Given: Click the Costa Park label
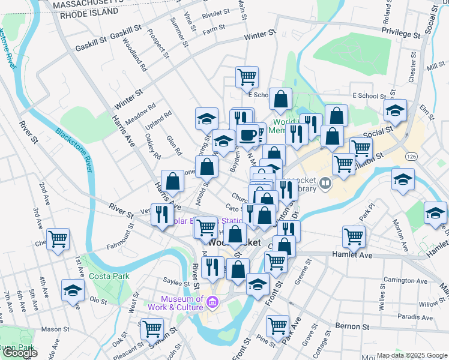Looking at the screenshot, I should (x=105, y=276).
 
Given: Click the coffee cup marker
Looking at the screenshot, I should (x=247, y=134).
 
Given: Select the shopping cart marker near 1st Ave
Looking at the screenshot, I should (x=58, y=239).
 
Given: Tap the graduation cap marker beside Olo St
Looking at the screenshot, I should (x=73, y=291).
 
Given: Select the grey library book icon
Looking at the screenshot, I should (x=325, y=182).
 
